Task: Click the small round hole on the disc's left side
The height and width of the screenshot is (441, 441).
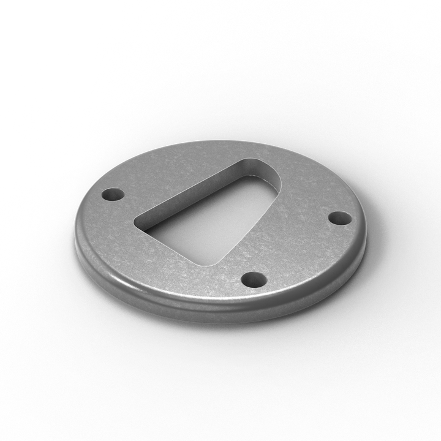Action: coord(113,195)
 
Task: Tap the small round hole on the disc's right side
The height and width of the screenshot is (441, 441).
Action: coord(340,217)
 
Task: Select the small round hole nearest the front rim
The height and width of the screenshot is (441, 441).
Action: coord(254,281)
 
